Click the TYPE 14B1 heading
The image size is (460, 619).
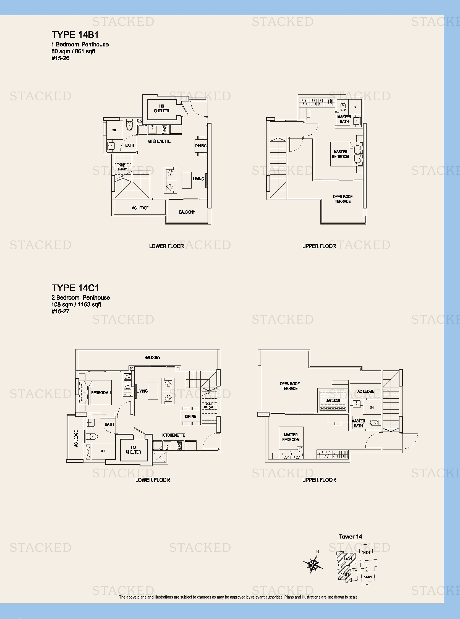point(75,35)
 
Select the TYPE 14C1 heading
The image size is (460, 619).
point(75,288)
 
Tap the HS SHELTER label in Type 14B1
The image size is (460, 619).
point(161,108)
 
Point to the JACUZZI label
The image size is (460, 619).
point(333,400)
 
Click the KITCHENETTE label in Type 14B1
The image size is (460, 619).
point(159,141)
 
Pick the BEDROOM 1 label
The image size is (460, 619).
point(101,393)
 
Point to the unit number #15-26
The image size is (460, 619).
point(61,58)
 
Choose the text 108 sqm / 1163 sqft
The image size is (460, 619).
point(76,304)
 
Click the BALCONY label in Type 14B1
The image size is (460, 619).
point(187,212)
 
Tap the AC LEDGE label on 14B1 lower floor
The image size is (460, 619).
point(140,208)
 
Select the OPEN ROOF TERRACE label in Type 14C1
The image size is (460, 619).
point(290,386)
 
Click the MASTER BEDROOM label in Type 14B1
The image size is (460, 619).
point(340,154)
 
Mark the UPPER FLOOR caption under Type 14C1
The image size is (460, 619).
point(319,480)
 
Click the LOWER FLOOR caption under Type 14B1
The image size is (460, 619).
point(166,246)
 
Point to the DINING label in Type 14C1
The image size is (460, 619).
point(190,416)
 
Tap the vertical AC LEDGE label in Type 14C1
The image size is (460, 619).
point(76,438)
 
